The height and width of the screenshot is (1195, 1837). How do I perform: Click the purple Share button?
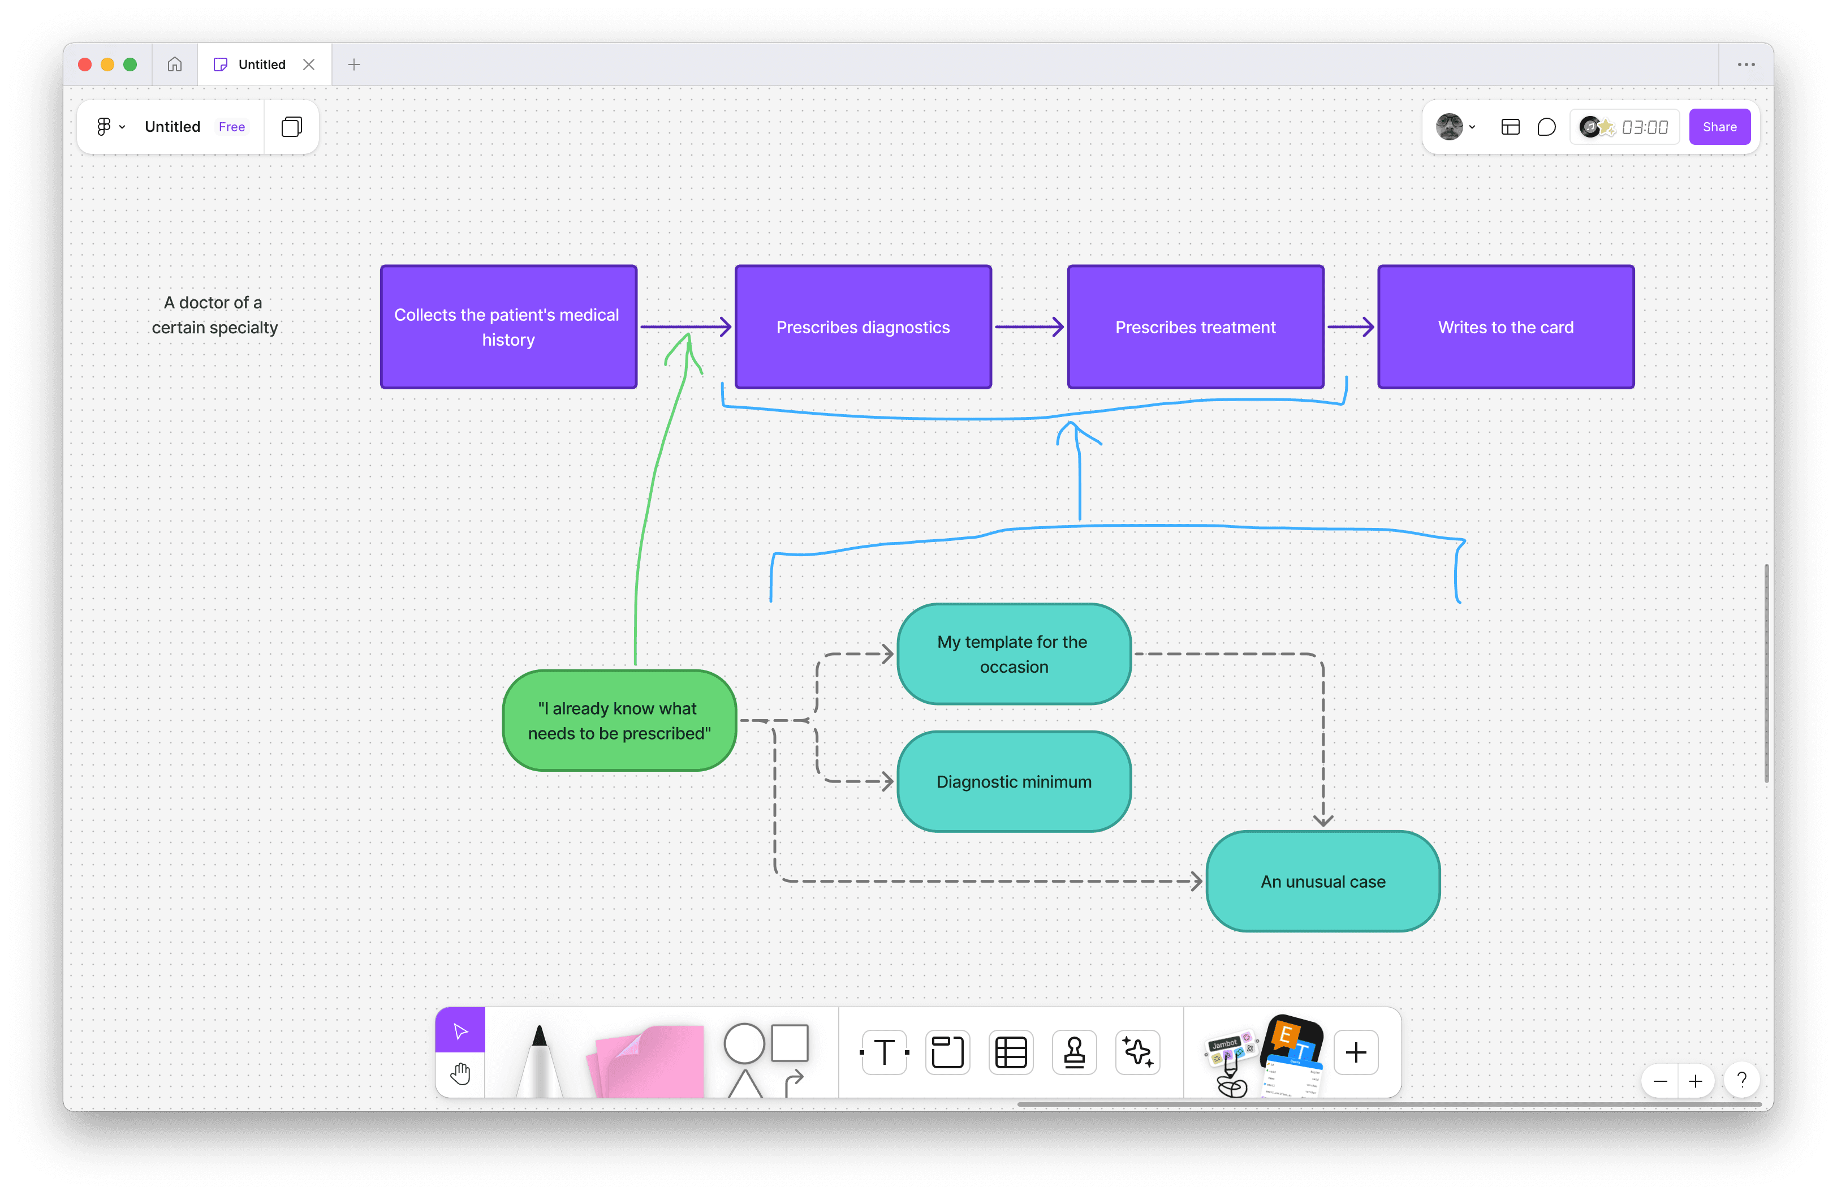[x=1719, y=127]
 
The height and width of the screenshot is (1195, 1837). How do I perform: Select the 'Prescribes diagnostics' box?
[x=863, y=327]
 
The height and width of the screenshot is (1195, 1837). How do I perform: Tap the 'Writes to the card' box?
[x=1505, y=327]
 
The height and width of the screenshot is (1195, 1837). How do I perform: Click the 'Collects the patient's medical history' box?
[x=508, y=327]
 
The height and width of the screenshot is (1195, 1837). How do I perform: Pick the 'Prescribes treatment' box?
[x=1195, y=327]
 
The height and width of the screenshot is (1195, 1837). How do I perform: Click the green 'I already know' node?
[x=619, y=720]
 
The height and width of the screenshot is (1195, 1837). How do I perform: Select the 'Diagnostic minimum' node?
[x=1014, y=781]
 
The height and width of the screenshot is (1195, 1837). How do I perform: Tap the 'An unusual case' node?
[x=1322, y=882]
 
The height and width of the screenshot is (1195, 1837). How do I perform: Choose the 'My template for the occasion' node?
[x=1014, y=654]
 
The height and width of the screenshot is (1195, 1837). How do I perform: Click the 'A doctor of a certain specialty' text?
[x=214, y=315]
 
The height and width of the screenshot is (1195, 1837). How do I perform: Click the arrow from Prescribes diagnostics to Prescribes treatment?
[x=1028, y=326]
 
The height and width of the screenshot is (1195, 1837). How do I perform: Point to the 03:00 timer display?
[x=1644, y=127]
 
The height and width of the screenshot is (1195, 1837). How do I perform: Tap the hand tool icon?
[x=460, y=1074]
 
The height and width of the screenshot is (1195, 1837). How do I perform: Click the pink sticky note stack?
[x=648, y=1061]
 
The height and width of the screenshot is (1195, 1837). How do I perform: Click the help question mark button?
[x=1741, y=1080]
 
